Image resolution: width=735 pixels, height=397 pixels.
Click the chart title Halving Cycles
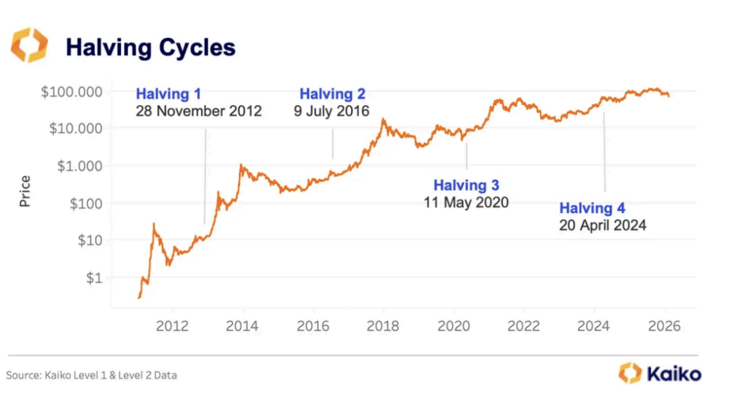(x=151, y=47)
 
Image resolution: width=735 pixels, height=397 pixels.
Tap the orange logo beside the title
(x=29, y=45)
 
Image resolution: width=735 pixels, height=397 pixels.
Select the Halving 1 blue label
(x=168, y=94)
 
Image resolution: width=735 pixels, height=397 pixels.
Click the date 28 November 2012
(x=199, y=111)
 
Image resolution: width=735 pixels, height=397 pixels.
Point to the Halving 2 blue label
(x=332, y=94)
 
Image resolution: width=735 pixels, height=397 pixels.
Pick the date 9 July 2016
(x=331, y=111)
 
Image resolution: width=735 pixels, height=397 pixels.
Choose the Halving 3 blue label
(x=466, y=185)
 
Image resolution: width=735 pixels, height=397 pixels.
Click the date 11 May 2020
(x=466, y=202)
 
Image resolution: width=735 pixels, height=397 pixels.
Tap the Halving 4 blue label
(x=592, y=208)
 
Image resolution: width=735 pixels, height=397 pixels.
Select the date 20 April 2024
(x=603, y=225)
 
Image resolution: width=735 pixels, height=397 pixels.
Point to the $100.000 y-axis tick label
(x=72, y=92)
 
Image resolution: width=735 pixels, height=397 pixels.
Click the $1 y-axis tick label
(x=94, y=278)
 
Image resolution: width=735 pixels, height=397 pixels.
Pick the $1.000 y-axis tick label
(x=80, y=166)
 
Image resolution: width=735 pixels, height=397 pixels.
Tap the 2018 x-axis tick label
(x=383, y=326)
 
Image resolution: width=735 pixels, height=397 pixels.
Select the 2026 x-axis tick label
(x=664, y=326)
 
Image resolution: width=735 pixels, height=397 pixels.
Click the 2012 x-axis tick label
(x=172, y=326)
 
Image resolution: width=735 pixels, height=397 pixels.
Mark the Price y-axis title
(x=25, y=191)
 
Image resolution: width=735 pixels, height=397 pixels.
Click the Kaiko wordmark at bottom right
(x=674, y=374)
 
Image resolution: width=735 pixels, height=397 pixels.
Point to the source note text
(x=91, y=375)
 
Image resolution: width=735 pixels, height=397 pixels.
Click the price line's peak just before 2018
(x=383, y=120)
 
